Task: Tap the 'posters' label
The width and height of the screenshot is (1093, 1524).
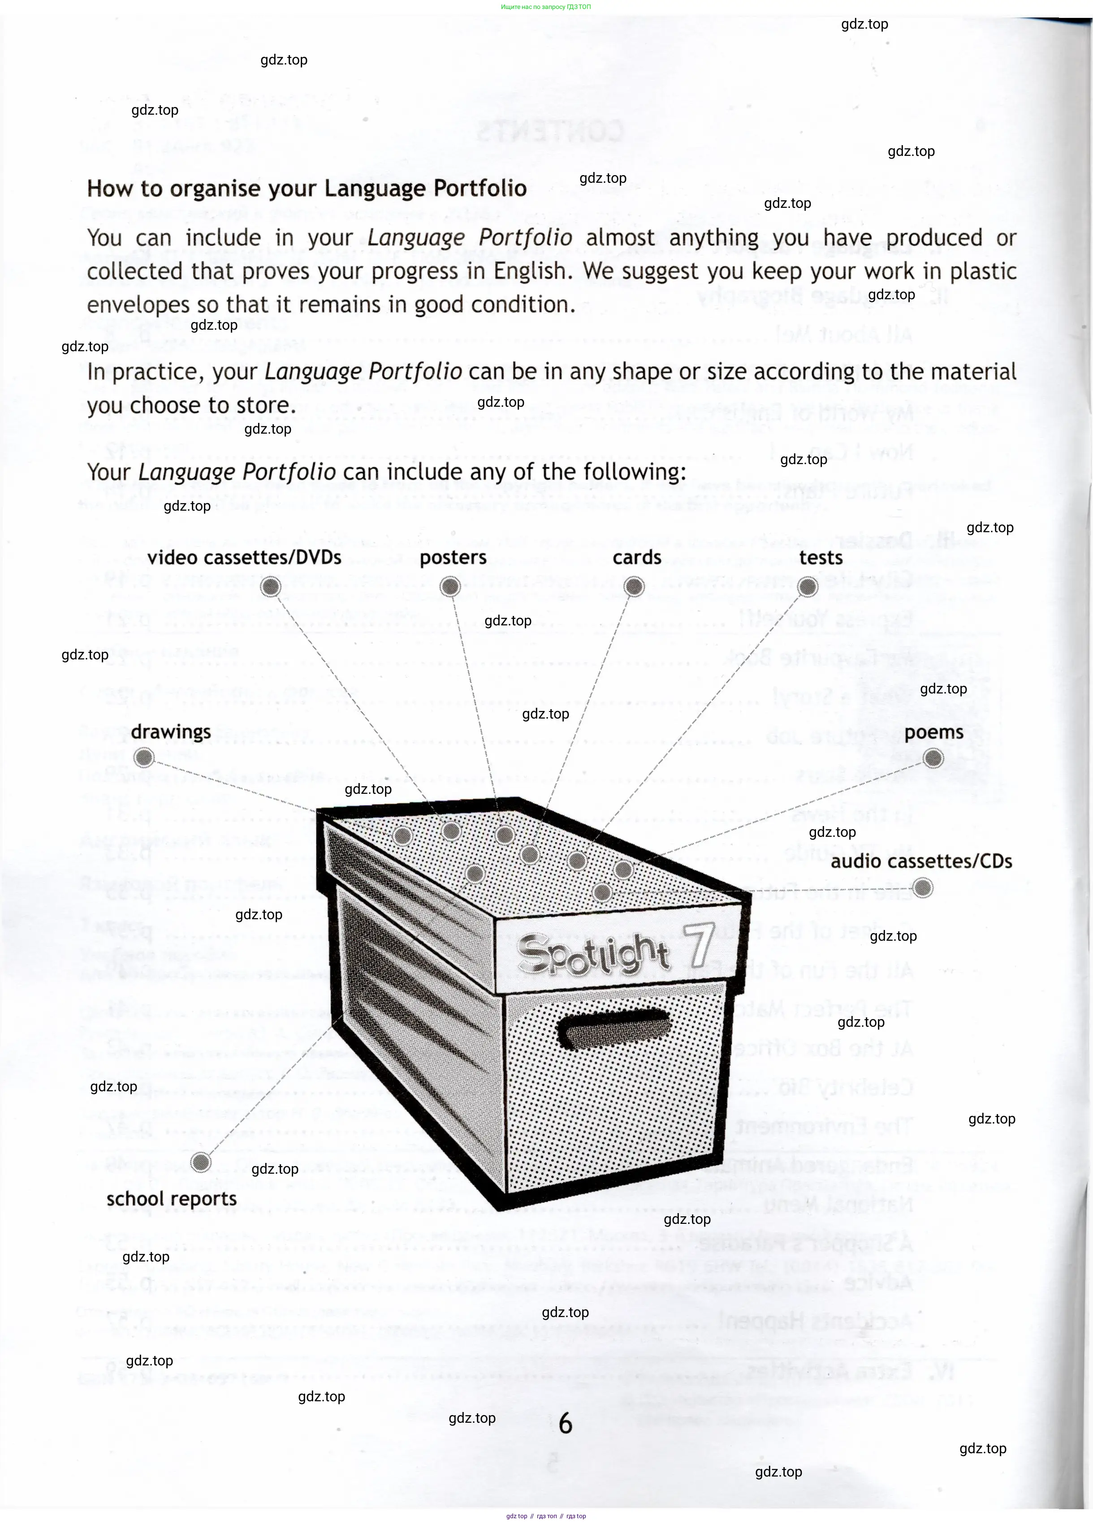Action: (453, 558)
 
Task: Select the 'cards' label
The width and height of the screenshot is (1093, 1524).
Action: (636, 557)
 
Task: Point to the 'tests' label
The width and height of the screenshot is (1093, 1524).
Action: (821, 558)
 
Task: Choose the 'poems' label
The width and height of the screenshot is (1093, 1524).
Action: (934, 732)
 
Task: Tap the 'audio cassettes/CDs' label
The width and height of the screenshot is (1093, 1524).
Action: (921, 861)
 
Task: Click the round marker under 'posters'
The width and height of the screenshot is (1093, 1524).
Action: (450, 587)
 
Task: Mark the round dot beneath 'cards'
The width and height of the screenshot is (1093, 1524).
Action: (634, 587)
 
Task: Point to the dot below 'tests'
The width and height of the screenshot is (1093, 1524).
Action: (808, 587)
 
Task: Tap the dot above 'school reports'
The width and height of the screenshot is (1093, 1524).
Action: (200, 1162)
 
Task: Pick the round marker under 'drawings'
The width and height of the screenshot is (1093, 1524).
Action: (144, 758)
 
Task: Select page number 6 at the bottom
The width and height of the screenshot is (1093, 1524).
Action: (566, 1423)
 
